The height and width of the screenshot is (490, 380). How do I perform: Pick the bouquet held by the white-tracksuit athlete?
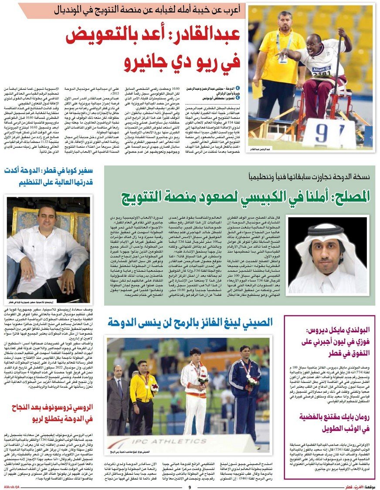(x=202, y=380)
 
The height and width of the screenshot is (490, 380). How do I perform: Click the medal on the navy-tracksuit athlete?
(x=247, y=375)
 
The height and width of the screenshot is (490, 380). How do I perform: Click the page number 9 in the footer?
(x=190, y=487)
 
